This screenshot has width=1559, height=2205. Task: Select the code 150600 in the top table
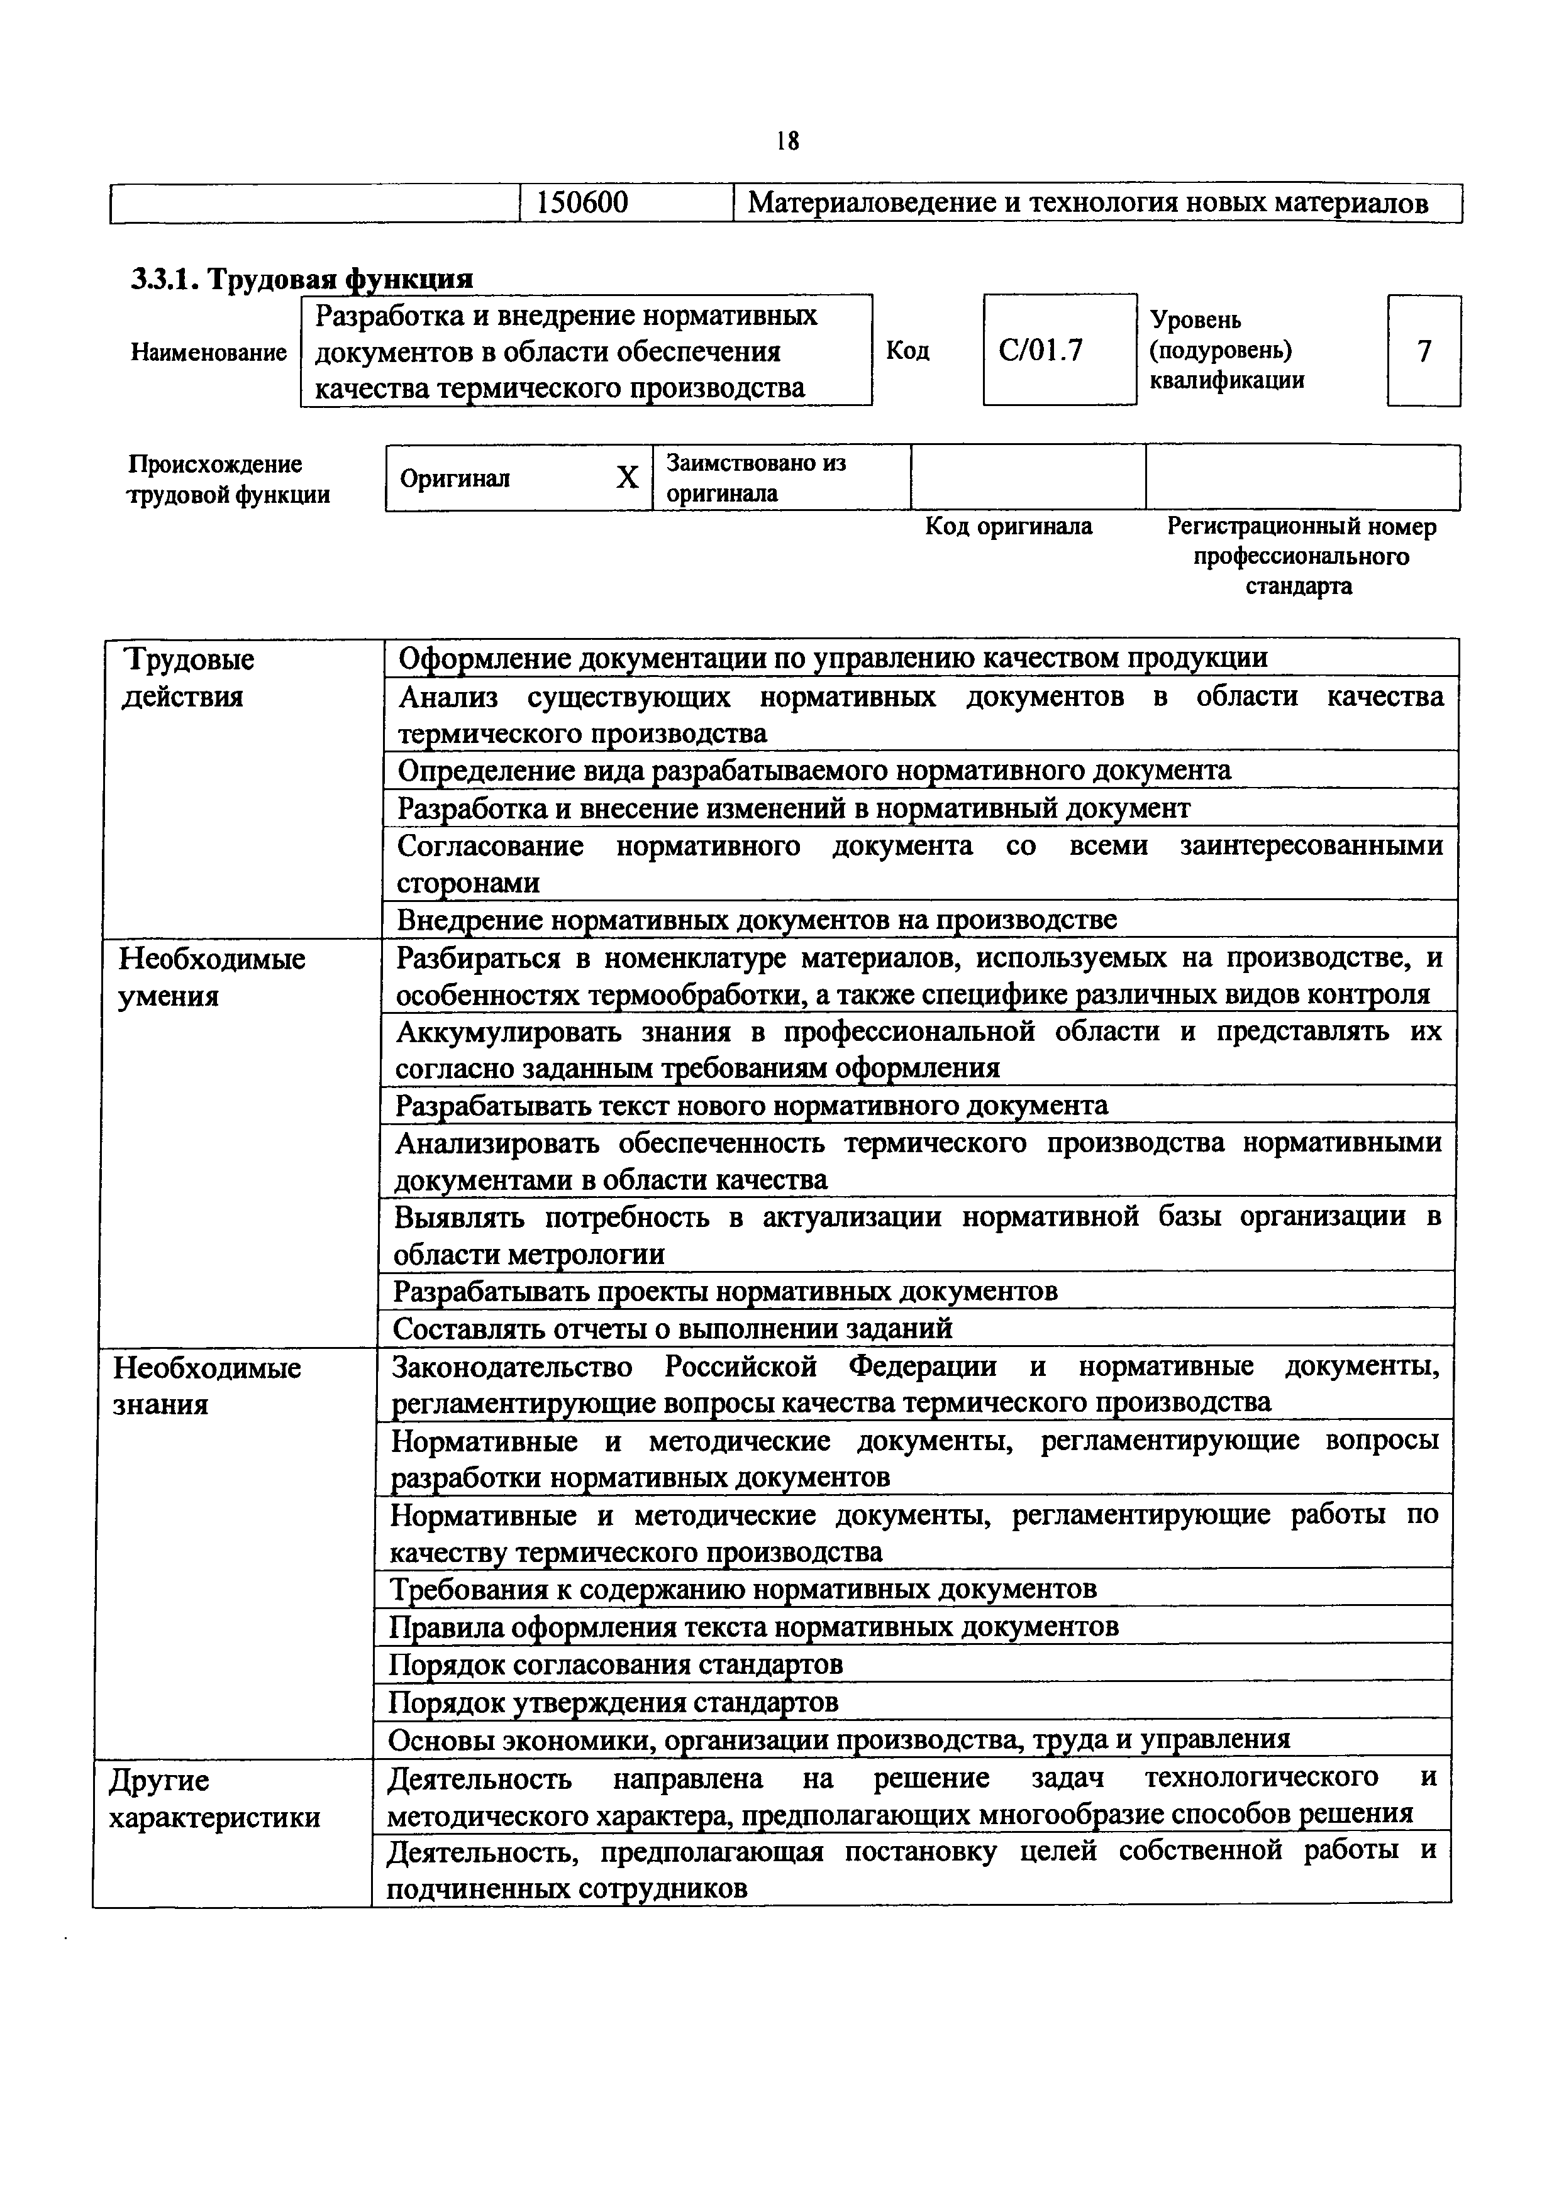coord(582,202)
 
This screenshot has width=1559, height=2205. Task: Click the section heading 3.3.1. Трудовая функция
coord(302,278)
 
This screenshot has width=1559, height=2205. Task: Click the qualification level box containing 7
coord(1424,351)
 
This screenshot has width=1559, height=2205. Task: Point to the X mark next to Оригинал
coord(627,477)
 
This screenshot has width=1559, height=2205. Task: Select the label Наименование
coord(208,353)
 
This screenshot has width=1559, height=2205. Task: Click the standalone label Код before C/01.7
coord(907,351)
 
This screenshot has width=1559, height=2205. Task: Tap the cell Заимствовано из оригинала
coord(756,477)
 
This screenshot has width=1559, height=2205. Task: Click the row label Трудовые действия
coord(189,678)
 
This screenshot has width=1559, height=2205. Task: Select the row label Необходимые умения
coord(211,977)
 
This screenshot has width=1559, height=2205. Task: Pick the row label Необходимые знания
coord(206,1386)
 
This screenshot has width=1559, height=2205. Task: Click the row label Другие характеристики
coord(214,1799)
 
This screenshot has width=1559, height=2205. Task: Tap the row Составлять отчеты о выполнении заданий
coord(672,1328)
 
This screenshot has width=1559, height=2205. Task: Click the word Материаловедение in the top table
coord(872,202)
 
